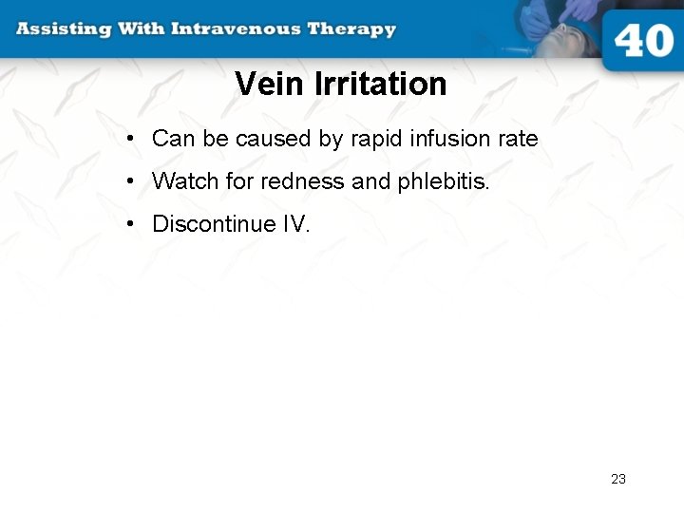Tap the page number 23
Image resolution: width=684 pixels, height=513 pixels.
[618, 479]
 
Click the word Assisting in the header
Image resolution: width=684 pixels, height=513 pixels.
[63, 28]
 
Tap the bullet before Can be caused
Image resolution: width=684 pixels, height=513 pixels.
[130, 140]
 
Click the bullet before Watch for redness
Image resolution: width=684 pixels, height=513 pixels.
[130, 181]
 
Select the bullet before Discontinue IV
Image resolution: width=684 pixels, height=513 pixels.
[130, 225]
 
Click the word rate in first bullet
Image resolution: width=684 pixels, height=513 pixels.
[521, 140]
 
